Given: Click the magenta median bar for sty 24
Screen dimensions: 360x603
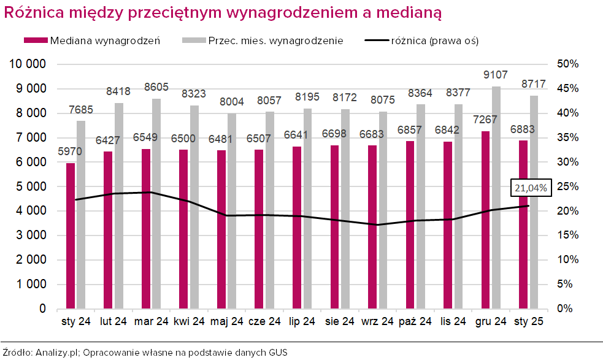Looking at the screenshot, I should (x=71, y=236).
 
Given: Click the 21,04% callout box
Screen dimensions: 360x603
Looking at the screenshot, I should (x=531, y=188).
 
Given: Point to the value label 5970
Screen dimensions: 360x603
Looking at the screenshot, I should (x=71, y=151).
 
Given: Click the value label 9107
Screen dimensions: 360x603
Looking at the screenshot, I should (x=496, y=75).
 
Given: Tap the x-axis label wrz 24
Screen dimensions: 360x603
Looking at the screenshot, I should (x=377, y=321).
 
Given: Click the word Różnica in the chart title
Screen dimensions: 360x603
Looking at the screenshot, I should (x=31, y=12).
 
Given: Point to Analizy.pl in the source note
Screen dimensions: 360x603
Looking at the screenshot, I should (x=58, y=352).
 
